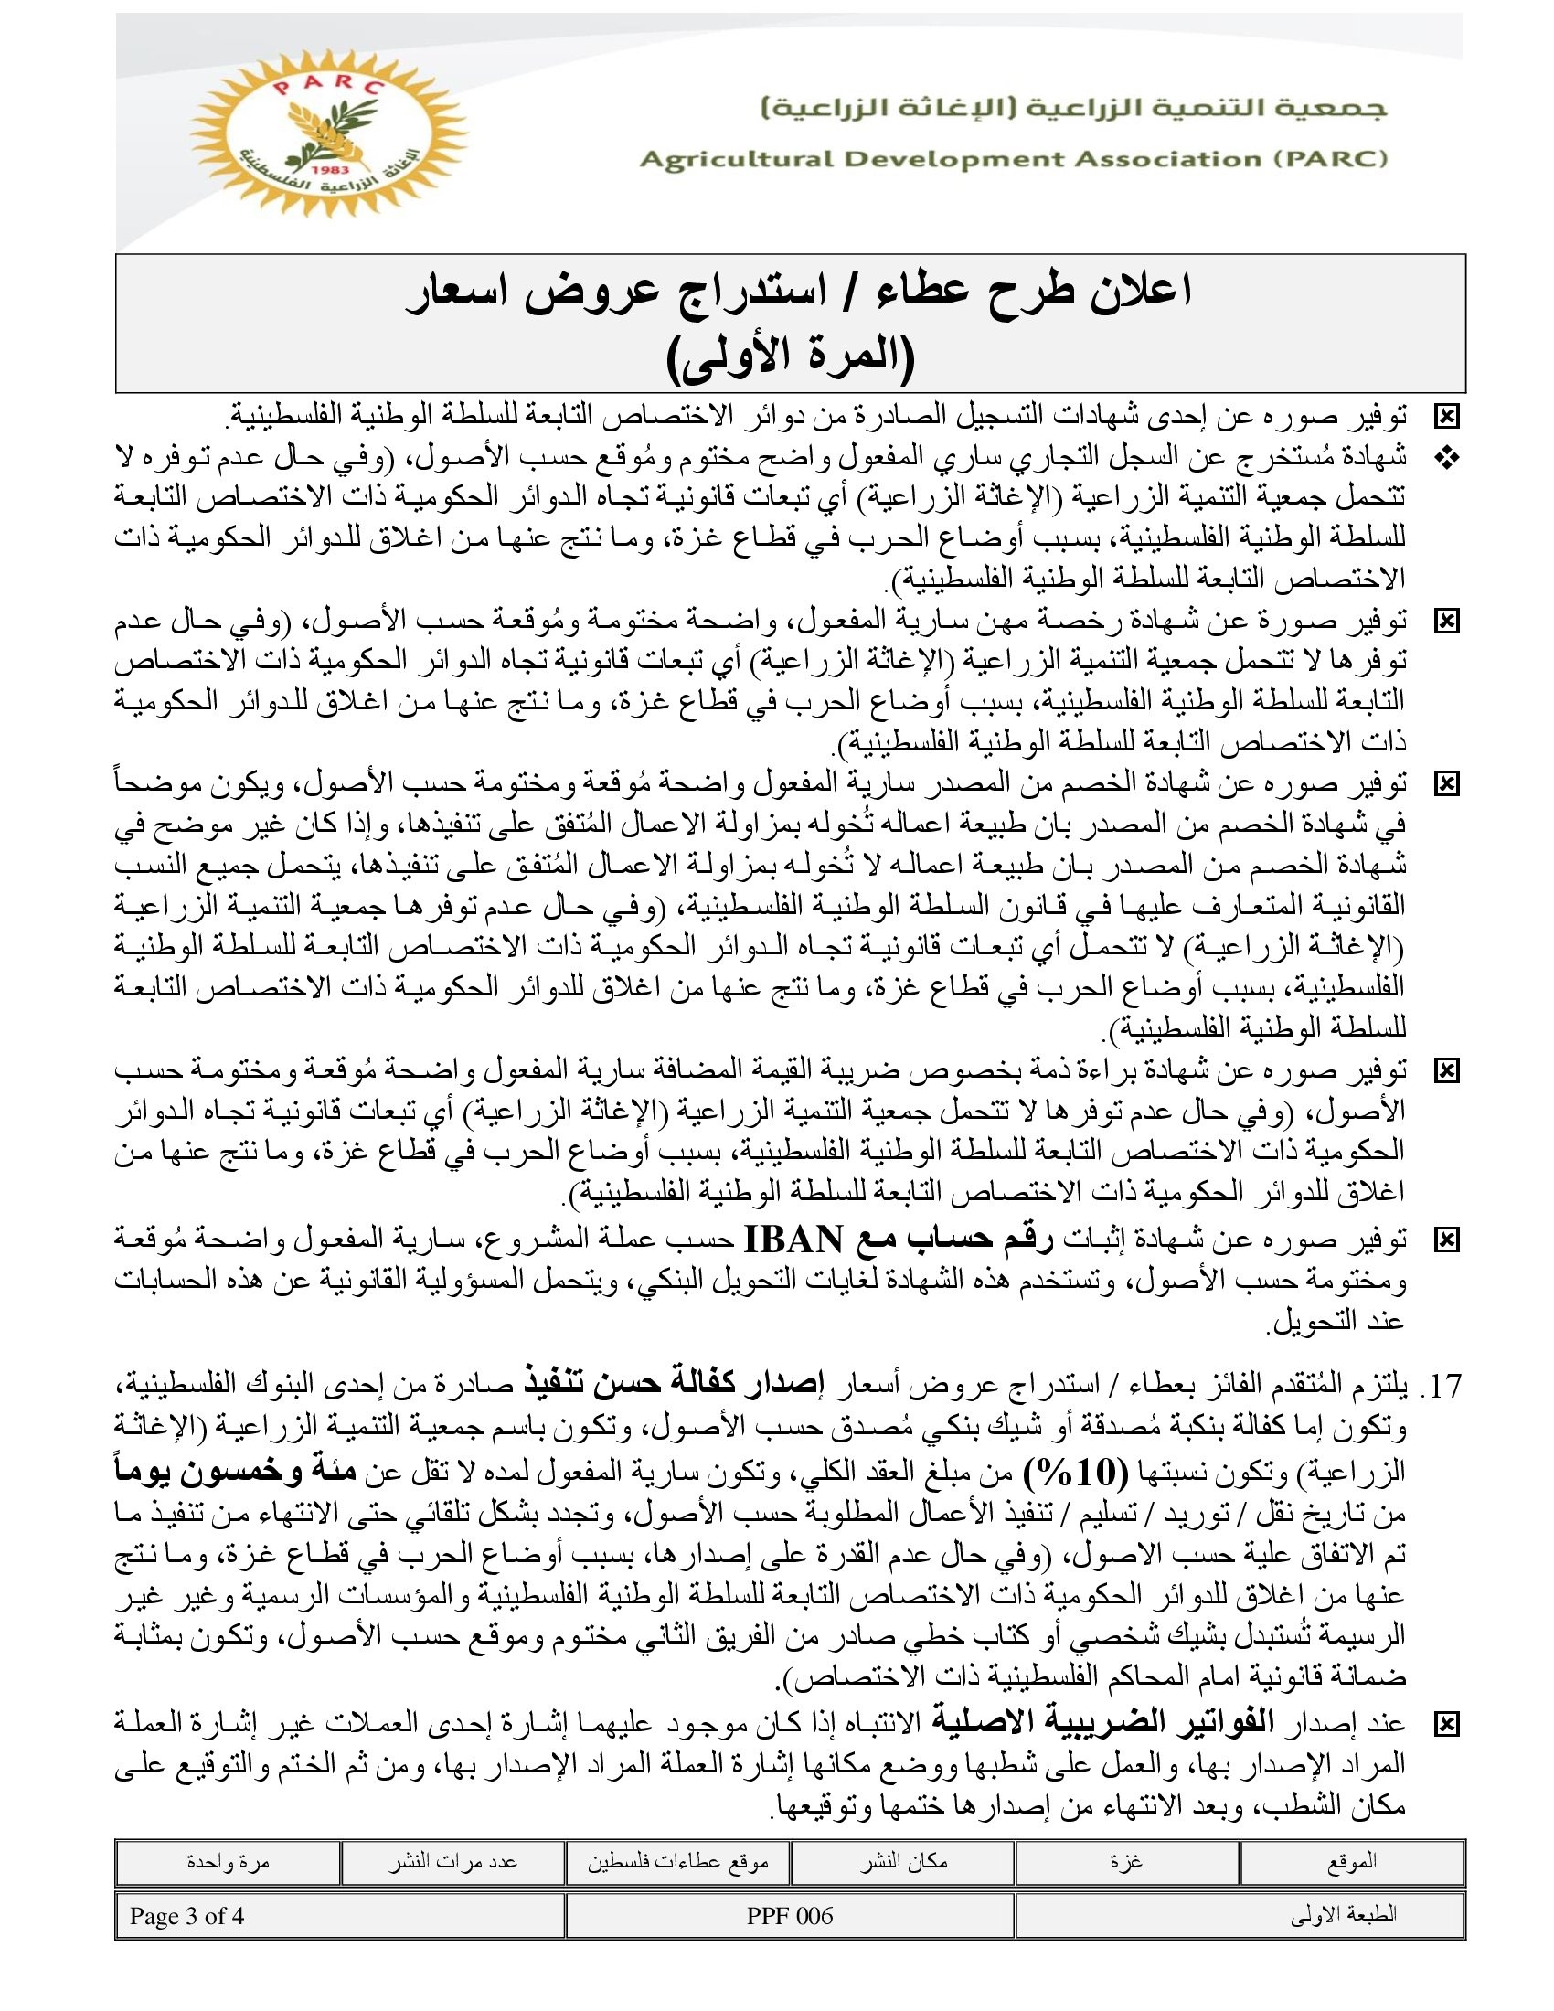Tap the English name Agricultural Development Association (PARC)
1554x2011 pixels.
click(x=1013, y=159)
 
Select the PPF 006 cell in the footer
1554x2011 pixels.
click(x=790, y=1916)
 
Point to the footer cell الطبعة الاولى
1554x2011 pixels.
click(x=1344, y=1916)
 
